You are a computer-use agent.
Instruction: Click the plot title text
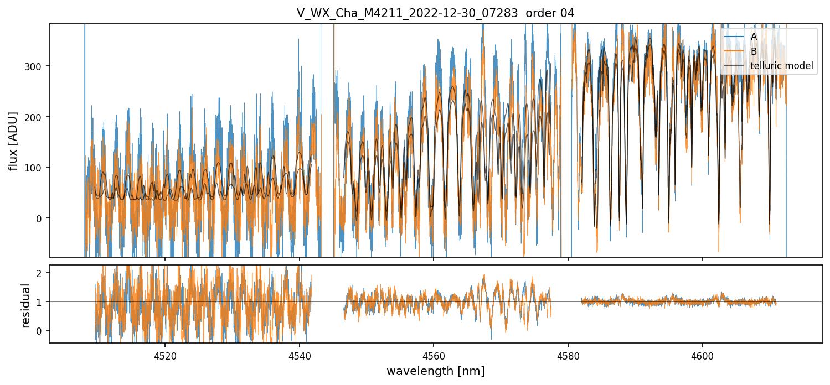point(435,13)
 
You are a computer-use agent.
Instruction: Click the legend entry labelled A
point(754,37)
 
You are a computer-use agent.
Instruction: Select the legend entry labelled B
point(754,51)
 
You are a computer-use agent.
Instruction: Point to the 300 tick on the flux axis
point(37,66)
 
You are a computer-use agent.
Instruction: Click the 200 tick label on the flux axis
point(37,117)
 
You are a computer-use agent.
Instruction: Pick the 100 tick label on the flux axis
point(37,168)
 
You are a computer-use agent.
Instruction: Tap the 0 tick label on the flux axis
point(42,218)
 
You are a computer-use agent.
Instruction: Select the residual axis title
point(25,305)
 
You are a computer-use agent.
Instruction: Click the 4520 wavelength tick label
point(165,356)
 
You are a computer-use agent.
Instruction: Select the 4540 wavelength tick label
point(300,356)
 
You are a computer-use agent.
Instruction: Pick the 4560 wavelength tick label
point(434,356)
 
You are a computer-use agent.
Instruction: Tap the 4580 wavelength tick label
point(568,356)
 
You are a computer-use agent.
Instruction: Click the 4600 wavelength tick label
point(703,356)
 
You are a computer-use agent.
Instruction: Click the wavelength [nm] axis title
point(435,371)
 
